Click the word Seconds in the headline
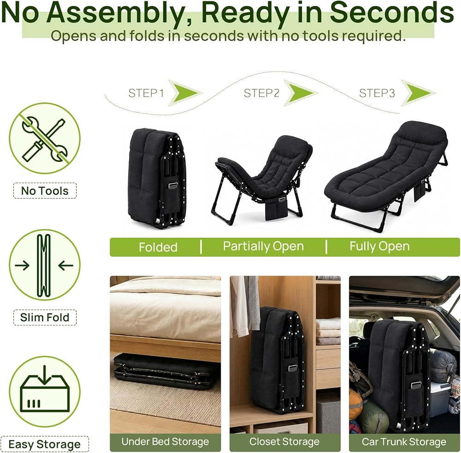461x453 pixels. click(x=392, y=12)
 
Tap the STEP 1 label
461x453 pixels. click(x=146, y=93)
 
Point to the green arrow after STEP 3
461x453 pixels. click(x=419, y=93)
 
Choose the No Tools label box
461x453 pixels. click(x=45, y=191)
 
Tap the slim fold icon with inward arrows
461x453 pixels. click(x=45, y=265)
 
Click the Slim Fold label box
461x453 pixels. click(x=45, y=318)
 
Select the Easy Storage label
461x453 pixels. click(x=44, y=444)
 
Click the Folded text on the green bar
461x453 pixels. click(x=158, y=247)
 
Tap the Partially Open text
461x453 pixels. click(x=263, y=247)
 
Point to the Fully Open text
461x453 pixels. click(x=379, y=247)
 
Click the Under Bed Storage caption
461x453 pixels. click(x=165, y=441)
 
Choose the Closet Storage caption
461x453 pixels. click(x=284, y=441)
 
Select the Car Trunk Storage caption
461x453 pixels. click(x=404, y=441)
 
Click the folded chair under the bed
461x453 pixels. click(x=166, y=371)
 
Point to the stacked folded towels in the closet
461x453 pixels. click(x=328, y=331)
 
